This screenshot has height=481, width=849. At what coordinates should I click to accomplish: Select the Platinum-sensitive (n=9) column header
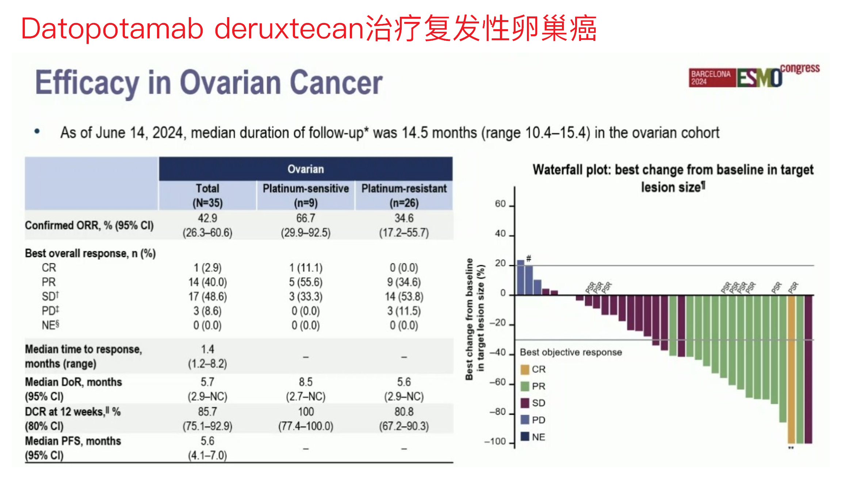[306, 195]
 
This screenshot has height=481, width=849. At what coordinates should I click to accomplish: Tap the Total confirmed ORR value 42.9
[207, 218]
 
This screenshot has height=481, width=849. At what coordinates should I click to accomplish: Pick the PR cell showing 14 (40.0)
[207, 282]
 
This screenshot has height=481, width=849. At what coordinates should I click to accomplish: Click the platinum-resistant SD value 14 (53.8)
[404, 297]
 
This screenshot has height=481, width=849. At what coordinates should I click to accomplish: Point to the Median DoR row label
[73, 389]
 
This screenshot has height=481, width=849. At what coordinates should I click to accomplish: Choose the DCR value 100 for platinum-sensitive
[306, 412]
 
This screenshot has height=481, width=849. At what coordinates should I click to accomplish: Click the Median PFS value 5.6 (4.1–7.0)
[207, 448]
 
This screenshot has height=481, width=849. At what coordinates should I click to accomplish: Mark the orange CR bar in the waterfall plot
[791, 369]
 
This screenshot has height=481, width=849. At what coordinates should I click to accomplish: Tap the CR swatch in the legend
[525, 370]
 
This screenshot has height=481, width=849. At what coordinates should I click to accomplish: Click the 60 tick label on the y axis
[500, 204]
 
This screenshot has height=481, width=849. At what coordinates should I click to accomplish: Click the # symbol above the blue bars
[528, 259]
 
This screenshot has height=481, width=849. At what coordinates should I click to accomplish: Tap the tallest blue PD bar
[520, 278]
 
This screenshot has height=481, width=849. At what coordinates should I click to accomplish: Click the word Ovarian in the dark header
[306, 169]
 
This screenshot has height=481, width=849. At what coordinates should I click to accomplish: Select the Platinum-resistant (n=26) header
[404, 195]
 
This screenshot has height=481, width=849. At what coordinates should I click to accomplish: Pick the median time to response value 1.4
[207, 350]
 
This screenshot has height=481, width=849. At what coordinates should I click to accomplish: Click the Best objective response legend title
[570, 352]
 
